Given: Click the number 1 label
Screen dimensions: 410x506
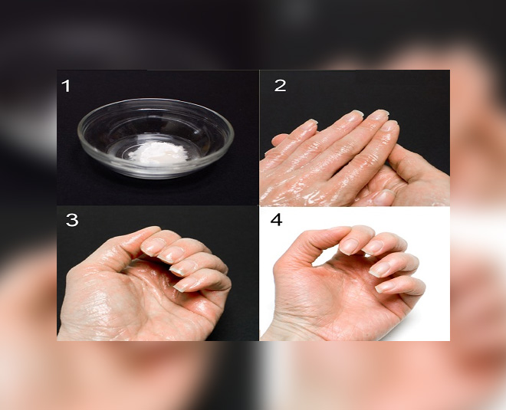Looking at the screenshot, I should coord(66,86).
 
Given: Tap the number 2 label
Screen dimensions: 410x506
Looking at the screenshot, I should coord(281,86).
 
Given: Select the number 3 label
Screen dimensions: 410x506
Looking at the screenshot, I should coord(71,220).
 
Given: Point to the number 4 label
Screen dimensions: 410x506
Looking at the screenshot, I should coord(276,219).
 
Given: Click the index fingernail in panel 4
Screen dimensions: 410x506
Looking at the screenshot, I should coord(350,244).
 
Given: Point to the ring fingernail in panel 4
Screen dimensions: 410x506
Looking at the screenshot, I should coord(379,268).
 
